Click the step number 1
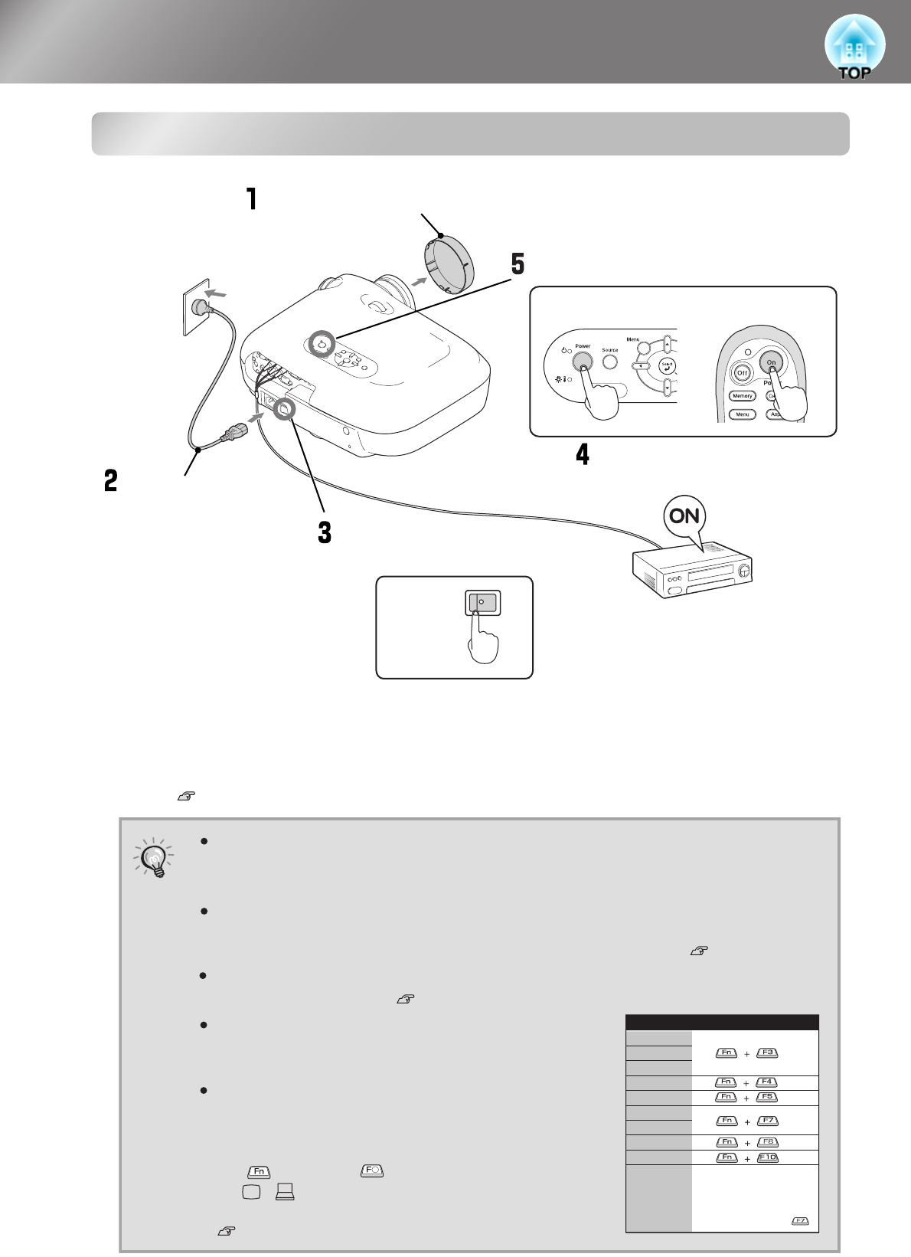pyautogui.click(x=250, y=199)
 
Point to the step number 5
pyautogui.click(x=518, y=264)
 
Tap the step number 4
pyautogui.click(x=583, y=454)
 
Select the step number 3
pyautogui.click(x=325, y=532)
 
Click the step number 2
pyautogui.click(x=111, y=480)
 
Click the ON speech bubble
pyautogui.click(x=684, y=516)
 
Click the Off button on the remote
pyautogui.click(x=741, y=372)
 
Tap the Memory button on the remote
pyautogui.click(x=742, y=396)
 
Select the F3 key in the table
pyautogui.click(x=767, y=1052)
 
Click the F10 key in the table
pyautogui.click(x=767, y=1157)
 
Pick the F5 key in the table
pyautogui.click(x=767, y=1097)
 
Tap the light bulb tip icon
pyautogui.click(x=155, y=858)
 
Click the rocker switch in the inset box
pyautogui.click(x=483, y=603)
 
